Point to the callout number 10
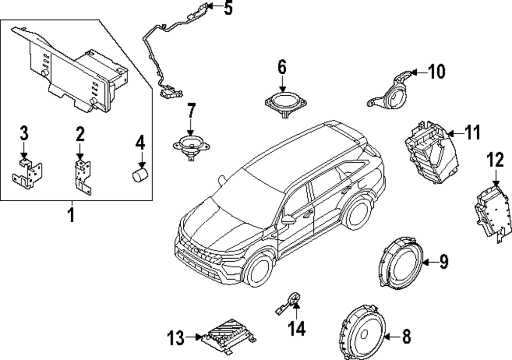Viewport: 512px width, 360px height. click(x=436, y=72)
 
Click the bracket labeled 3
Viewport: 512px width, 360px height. click(x=27, y=172)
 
